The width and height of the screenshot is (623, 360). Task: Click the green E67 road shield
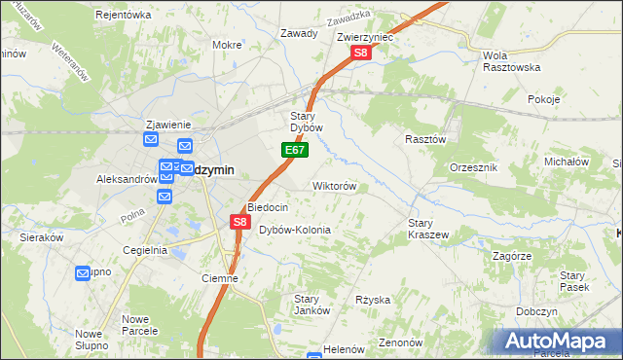[x=296, y=151]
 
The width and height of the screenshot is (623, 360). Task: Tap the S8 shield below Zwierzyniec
[x=359, y=54]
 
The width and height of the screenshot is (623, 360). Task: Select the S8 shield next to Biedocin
[x=240, y=223]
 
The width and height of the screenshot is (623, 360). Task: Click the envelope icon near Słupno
[x=83, y=273]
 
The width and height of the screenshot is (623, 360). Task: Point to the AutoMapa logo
[x=560, y=342]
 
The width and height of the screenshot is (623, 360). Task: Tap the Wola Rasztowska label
[x=511, y=61]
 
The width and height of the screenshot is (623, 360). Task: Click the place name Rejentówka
[x=124, y=15]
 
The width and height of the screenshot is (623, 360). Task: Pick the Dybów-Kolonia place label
[x=295, y=230]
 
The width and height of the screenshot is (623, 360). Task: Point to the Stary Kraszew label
[x=427, y=229]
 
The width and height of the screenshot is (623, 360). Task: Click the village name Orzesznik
[x=475, y=167]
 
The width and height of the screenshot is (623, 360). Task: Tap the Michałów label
[x=568, y=162]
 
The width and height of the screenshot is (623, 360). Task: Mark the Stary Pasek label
[x=572, y=282]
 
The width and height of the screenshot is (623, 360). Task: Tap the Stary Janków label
[x=308, y=304]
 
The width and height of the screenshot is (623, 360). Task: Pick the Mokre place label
[x=227, y=45]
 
